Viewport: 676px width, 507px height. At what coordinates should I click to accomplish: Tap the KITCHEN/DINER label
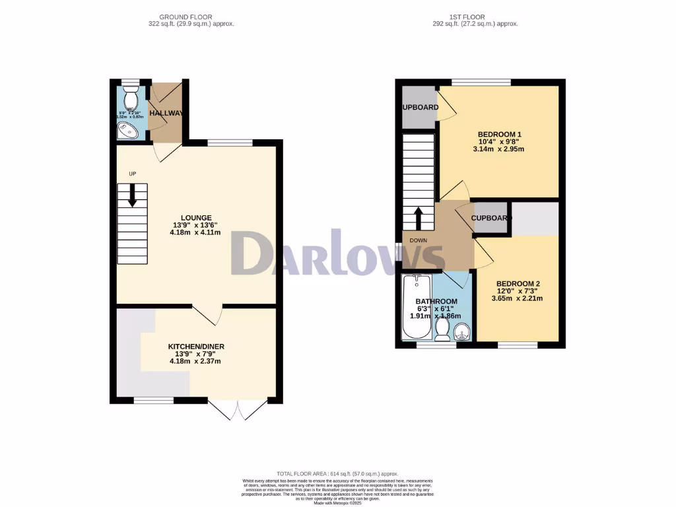197,347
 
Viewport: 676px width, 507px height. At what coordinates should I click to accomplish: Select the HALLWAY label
166,114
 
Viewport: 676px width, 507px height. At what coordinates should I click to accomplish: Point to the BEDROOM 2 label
518,283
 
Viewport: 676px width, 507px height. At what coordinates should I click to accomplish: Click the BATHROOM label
436,302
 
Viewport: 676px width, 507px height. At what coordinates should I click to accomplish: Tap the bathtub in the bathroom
416,308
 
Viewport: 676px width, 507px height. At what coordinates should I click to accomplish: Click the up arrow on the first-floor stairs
418,219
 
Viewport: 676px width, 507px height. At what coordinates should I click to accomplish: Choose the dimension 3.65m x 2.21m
518,298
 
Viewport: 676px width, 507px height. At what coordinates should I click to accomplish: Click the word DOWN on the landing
419,241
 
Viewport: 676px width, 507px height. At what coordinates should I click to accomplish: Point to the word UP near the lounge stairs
132,174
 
